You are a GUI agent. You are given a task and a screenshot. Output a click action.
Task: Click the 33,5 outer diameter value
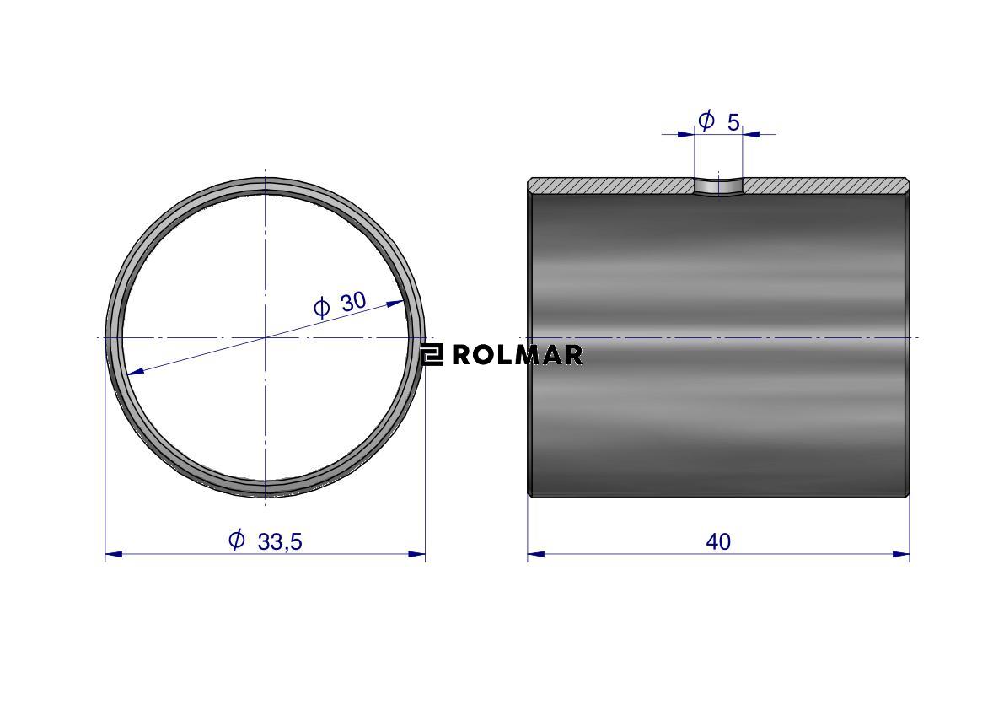pyautogui.click(x=280, y=541)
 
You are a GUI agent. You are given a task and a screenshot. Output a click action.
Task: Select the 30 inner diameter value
pyautogui.click(x=353, y=301)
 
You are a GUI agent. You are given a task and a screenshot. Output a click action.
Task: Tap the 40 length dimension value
pyautogui.click(x=717, y=541)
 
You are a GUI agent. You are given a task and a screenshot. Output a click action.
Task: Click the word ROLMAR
pyautogui.click(x=518, y=355)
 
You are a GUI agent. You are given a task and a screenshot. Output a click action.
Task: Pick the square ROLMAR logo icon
pyautogui.click(x=432, y=355)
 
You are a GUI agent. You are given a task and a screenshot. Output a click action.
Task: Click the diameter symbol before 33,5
pyautogui.click(x=236, y=540)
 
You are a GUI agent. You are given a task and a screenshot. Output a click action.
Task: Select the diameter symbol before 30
pyautogui.click(x=321, y=308)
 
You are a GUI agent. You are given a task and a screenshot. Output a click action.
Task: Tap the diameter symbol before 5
pyautogui.click(x=706, y=120)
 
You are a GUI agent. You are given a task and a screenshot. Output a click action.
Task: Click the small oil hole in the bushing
pyautogui.click(x=718, y=187)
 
